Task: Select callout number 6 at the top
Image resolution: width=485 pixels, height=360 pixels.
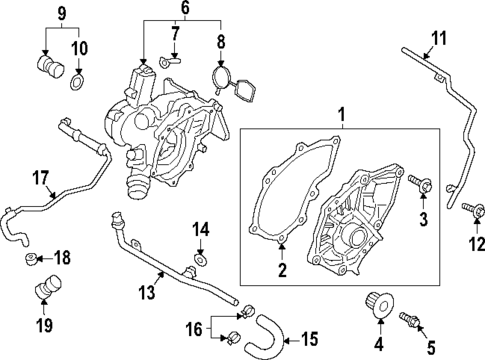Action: (183, 8)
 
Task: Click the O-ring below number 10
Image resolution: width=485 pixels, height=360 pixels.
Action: (76, 78)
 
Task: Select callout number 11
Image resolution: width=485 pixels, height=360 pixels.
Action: (436, 39)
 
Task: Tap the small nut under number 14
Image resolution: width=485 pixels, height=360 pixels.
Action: (199, 262)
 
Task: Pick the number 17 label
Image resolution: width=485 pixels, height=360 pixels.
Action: (39, 179)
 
